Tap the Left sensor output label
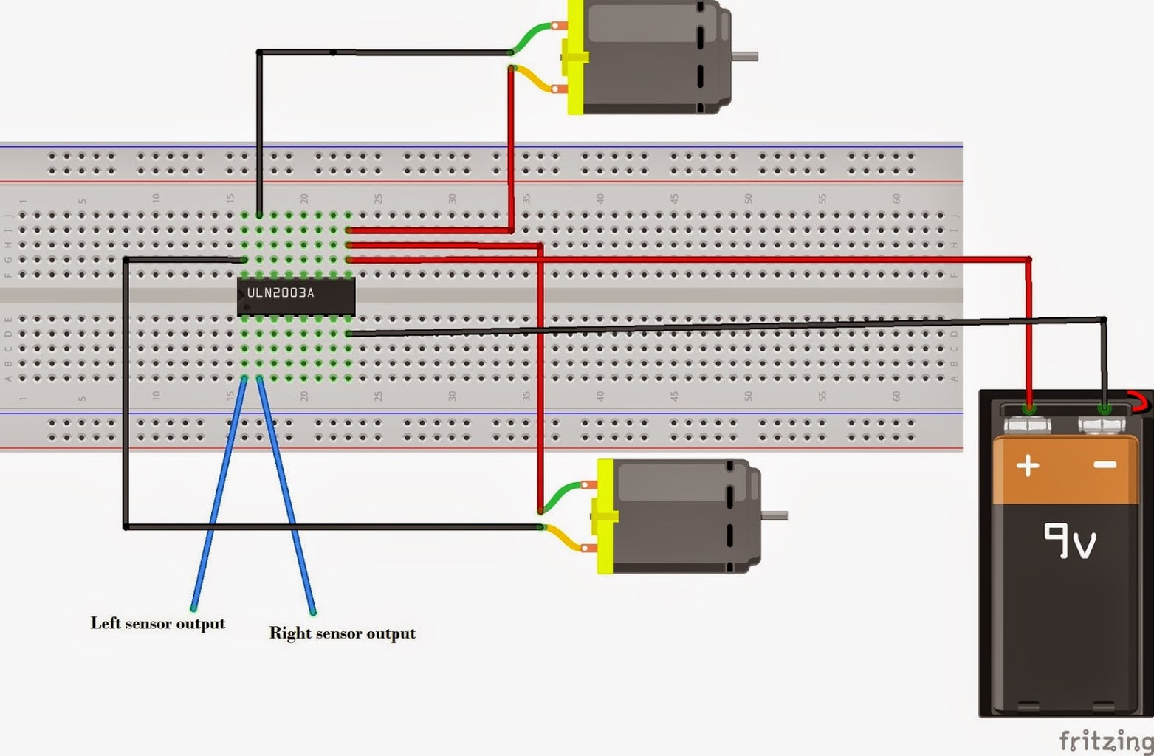pyautogui.click(x=157, y=623)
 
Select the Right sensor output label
pyautogui.click(x=342, y=633)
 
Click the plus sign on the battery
pyautogui.click(x=1028, y=465)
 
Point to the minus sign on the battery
pyautogui.click(x=1105, y=464)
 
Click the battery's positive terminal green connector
pyautogui.click(x=1028, y=408)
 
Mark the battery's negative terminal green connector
pyautogui.click(x=1105, y=408)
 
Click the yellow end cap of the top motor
pyautogui.click(x=575, y=57)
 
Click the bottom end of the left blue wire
pyautogui.click(x=193, y=609)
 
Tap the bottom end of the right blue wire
pyautogui.click(x=313, y=612)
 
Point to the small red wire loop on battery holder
pyautogui.click(x=1141, y=402)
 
